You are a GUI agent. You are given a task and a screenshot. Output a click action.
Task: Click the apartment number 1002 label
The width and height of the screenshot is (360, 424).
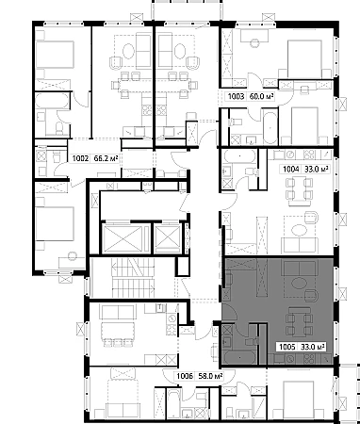(x=81, y=158)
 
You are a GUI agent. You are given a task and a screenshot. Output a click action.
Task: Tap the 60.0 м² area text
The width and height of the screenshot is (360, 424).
(x=261, y=96)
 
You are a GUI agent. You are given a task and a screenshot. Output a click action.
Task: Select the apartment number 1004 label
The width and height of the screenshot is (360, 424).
(x=291, y=170)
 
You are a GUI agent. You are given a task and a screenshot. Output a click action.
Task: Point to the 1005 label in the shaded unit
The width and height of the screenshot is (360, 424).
(x=287, y=347)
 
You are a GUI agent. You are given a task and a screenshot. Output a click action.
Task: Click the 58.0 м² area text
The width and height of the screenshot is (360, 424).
(x=210, y=376)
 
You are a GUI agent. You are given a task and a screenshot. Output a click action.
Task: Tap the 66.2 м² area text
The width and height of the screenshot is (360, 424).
(x=106, y=158)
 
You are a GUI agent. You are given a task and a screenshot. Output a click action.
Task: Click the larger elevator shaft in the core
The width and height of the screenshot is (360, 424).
(x=123, y=238)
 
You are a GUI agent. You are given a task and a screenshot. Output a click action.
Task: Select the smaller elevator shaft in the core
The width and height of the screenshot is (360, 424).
(x=169, y=238)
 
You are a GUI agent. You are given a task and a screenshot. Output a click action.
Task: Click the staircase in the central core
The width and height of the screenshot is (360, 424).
(x=133, y=278)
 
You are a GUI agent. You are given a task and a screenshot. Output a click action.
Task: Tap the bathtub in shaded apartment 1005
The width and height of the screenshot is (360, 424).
(x=239, y=357)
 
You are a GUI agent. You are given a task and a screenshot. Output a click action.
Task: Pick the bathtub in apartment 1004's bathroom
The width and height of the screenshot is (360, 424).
(x=239, y=155)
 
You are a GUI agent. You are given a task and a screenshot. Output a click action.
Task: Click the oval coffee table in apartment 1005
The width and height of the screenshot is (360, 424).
(x=299, y=283)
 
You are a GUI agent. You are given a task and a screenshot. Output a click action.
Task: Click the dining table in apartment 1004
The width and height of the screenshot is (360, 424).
(x=299, y=190)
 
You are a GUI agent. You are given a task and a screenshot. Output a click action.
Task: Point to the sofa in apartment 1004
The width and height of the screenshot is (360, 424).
(x=300, y=245)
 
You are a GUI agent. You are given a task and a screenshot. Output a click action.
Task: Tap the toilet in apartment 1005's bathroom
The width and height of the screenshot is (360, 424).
(x=253, y=340)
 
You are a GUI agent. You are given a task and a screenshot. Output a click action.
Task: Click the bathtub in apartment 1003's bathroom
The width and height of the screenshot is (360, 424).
(x=270, y=126)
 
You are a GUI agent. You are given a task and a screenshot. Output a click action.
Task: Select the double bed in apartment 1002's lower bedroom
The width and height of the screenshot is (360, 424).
(x=51, y=223)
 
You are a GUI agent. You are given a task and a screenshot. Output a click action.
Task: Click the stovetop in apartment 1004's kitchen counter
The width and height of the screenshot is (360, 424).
(x=310, y=154)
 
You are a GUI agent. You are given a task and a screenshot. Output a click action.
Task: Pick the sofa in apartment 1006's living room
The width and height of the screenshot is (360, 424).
(x=118, y=312)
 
